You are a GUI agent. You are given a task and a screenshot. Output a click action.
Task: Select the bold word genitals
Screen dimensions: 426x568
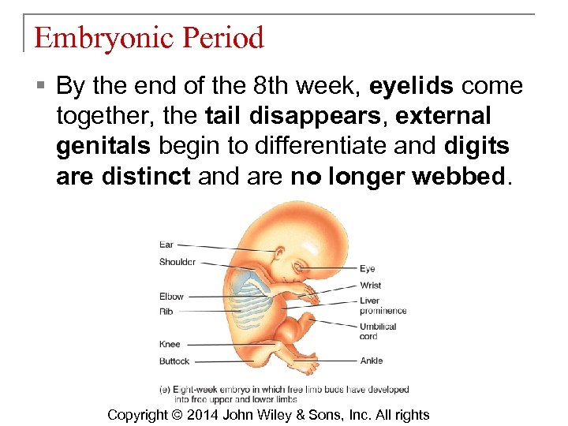[x=104, y=146]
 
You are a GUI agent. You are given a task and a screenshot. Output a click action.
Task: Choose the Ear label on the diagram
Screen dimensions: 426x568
[x=166, y=245]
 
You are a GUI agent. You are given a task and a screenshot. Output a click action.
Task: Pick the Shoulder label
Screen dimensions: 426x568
[x=177, y=262]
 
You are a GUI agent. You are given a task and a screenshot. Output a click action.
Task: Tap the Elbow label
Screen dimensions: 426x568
[x=170, y=297]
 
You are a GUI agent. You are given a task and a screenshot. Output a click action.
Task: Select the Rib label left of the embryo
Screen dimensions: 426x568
[x=166, y=312]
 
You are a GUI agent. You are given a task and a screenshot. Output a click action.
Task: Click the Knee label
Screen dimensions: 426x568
[x=169, y=344]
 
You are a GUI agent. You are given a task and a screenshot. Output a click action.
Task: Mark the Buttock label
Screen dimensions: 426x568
[x=174, y=361]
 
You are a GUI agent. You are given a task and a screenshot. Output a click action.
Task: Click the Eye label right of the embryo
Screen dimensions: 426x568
[x=367, y=269]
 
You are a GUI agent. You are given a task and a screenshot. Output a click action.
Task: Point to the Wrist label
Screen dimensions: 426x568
[x=370, y=285]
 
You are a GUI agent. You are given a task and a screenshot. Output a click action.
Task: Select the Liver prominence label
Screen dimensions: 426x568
[x=382, y=305]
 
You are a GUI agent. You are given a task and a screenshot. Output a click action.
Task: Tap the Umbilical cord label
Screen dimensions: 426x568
[x=378, y=331]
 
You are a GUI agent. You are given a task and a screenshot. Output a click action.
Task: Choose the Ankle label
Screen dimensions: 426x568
[x=371, y=361]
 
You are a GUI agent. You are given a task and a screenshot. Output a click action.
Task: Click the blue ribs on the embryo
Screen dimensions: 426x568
[x=253, y=297]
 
